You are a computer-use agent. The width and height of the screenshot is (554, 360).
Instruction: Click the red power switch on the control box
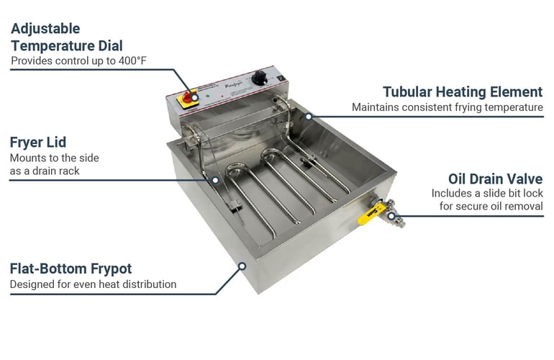click(187, 97)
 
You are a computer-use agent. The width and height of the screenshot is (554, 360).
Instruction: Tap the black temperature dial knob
click(260, 78)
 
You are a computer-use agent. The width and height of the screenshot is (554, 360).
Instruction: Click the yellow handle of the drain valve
click(371, 215)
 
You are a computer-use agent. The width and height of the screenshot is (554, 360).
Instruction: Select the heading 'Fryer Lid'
click(38, 143)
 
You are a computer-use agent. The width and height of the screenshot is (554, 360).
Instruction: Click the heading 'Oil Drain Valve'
click(495, 179)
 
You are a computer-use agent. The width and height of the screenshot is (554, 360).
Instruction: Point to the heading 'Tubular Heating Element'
click(463, 92)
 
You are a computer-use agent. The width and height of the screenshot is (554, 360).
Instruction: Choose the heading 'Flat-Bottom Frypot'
click(71, 269)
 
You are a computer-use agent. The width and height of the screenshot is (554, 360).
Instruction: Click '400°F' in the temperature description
click(132, 60)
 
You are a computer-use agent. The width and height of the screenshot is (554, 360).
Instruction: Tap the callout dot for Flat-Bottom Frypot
click(242, 266)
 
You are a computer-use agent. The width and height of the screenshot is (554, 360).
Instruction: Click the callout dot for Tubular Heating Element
click(309, 117)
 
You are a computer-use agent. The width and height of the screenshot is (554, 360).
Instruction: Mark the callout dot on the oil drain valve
click(391, 216)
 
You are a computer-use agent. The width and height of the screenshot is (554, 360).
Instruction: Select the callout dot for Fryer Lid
click(215, 180)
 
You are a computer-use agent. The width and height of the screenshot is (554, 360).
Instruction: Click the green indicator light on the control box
click(208, 96)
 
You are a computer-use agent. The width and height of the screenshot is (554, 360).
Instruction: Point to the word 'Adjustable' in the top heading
click(45, 29)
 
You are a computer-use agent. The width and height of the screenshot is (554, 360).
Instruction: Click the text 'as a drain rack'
click(45, 171)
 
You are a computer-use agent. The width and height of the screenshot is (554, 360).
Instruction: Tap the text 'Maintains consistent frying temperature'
click(448, 107)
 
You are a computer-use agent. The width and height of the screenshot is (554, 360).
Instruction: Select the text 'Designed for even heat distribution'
click(93, 284)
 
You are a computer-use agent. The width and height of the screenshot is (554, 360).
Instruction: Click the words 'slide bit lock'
click(513, 194)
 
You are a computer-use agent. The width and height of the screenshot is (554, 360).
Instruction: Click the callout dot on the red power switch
click(194, 97)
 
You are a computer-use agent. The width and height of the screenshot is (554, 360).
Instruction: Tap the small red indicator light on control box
click(222, 96)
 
